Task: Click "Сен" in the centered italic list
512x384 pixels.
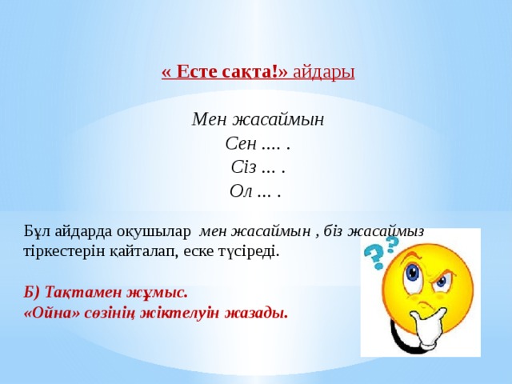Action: pyautogui.click(x=241, y=144)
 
